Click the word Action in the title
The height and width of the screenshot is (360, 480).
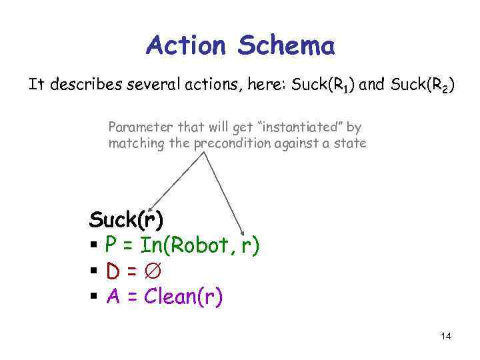[187, 46]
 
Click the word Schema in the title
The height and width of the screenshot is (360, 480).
[286, 46]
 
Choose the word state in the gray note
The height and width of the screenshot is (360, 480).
[351, 143]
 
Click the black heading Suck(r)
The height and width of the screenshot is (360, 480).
[126, 219]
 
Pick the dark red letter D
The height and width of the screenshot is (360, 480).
[113, 271]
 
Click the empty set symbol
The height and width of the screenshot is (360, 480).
[155, 271]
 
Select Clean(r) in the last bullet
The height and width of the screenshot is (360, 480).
[183, 297]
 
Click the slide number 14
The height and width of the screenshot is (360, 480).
[446, 336]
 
